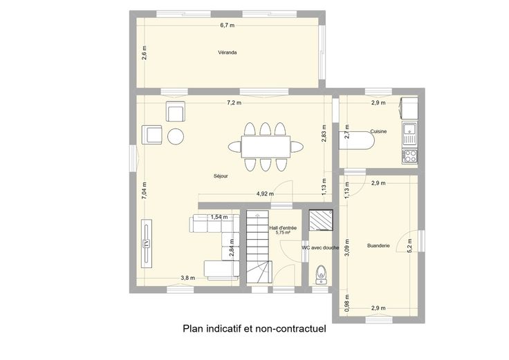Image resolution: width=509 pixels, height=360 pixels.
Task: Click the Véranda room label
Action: (228, 53)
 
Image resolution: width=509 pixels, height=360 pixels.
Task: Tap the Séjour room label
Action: (221, 176)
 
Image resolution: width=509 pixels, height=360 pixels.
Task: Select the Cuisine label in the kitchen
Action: (378, 131)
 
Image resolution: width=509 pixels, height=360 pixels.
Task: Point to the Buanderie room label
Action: (378, 245)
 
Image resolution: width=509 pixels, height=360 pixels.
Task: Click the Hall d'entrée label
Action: (283, 228)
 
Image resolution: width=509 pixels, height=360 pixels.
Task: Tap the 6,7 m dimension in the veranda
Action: (228, 26)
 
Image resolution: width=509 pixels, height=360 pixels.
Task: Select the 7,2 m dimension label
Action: (234, 103)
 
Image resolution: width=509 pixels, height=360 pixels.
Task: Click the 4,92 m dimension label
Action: (265, 194)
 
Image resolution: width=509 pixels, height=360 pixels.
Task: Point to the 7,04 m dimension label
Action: (144, 191)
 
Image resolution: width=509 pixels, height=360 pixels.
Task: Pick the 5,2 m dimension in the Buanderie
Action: (409, 246)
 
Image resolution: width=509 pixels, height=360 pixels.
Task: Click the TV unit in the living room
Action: (147, 243)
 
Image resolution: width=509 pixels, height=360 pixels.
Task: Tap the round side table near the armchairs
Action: (176, 136)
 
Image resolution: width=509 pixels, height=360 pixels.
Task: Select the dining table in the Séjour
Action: (266, 146)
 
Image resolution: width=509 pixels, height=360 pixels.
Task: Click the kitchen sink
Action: (409, 133)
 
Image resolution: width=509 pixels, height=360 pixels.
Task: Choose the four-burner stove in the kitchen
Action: (409, 156)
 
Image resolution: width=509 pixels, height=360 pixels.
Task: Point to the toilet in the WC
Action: (321, 276)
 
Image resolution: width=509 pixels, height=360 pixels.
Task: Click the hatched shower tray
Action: (321, 220)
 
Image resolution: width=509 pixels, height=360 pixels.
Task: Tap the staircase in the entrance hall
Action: (259, 247)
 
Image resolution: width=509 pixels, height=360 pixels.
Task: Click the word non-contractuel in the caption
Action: (291, 328)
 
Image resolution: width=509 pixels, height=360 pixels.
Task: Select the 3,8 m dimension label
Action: (188, 278)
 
